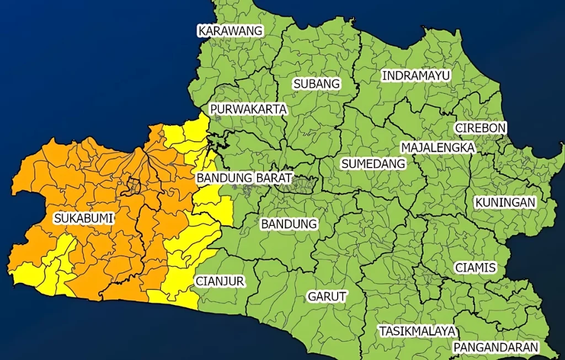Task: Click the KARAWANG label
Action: tap(231, 31)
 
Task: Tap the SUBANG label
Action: tap(317, 84)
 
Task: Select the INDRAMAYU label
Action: tap(417, 75)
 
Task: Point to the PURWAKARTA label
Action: tap(249, 109)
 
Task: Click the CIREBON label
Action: tap(481, 128)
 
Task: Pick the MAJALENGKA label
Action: tap(438, 147)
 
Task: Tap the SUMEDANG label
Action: tap(373, 164)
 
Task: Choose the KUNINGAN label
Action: tap(505, 202)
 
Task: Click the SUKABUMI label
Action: tap(83, 218)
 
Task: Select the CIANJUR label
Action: tap(220, 281)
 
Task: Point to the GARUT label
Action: tap(327, 297)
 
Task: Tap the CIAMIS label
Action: tap(476, 268)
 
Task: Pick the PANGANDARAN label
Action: tap(495, 347)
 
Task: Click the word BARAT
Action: tap(274, 178)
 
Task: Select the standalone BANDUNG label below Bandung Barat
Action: tap(289, 224)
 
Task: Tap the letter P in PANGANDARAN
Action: tap(456, 347)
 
